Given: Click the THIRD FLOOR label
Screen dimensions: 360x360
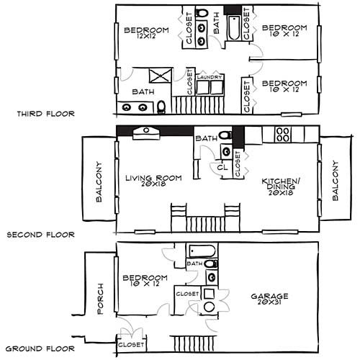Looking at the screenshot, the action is click(45, 114).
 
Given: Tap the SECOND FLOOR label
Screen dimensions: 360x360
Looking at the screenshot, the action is click(40, 235).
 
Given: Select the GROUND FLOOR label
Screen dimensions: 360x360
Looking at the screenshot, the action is click(40, 348).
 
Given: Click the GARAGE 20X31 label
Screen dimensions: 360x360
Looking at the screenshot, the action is click(269, 299).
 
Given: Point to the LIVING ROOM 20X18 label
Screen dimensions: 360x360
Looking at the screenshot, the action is click(153, 181).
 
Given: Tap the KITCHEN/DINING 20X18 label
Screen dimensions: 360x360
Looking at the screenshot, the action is click(281, 186).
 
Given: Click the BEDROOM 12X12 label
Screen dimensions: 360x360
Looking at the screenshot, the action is click(146, 33).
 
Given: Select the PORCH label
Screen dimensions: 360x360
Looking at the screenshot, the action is click(100, 299).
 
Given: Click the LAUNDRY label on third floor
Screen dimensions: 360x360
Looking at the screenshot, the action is click(210, 77).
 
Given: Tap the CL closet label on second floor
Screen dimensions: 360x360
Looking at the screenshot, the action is click(222, 167).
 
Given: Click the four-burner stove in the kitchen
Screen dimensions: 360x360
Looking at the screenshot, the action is click(283, 135).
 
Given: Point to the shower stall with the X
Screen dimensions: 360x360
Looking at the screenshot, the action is click(161, 76).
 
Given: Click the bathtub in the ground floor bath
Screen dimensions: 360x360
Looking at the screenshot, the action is click(202, 251).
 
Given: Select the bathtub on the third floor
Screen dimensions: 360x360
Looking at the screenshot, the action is click(234, 28).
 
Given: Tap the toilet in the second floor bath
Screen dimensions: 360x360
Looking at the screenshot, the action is click(225, 135).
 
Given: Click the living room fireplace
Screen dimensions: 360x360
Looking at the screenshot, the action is click(146, 133).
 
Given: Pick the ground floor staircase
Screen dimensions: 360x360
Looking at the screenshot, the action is click(193, 343).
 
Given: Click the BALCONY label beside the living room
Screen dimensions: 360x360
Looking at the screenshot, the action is click(99, 181).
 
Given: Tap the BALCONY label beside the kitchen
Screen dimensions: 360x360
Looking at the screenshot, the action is click(336, 181).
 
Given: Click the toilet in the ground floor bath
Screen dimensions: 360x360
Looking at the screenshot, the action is click(212, 264).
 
